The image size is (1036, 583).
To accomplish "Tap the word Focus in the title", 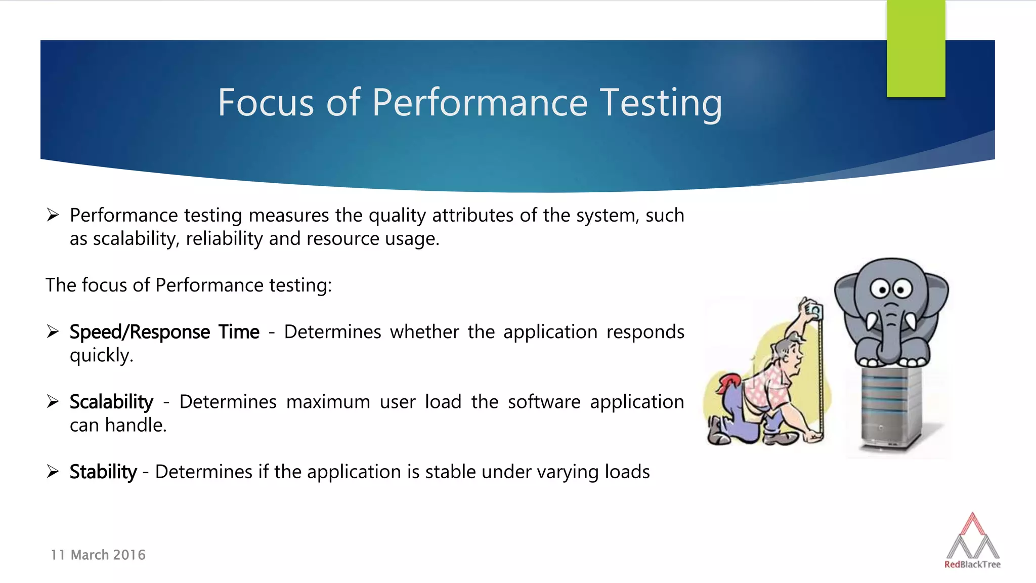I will (266, 103).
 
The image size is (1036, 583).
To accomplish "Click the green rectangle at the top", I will (916, 48).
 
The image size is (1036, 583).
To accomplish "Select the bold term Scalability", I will (111, 402).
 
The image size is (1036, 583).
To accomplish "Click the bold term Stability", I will (103, 472).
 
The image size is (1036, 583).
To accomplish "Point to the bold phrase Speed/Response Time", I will (164, 332).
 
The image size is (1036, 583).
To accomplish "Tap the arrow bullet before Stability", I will (53, 471).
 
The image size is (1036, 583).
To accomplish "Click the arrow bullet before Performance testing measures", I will (53, 215).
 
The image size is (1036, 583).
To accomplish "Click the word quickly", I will (101, 355).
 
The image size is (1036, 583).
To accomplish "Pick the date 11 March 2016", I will (98, 555).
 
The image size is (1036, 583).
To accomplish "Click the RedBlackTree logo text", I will (972, 564).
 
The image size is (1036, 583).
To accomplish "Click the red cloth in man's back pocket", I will (728, 382).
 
